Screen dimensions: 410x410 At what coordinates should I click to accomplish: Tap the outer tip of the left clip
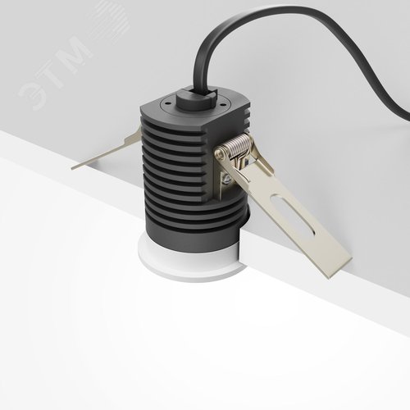coord(75,165)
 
